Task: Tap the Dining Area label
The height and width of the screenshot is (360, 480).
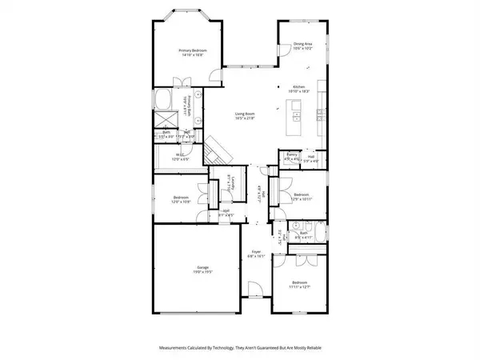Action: click(x=302, y=45)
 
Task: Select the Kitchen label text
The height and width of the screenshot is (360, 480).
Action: click(x=299, y=86)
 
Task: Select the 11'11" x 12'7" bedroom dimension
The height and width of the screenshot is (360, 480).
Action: click(x=299, y=287)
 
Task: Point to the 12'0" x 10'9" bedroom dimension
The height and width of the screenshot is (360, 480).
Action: click(x=181, y=202)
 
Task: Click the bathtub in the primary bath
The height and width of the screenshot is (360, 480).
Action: click(x=164, y=101)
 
